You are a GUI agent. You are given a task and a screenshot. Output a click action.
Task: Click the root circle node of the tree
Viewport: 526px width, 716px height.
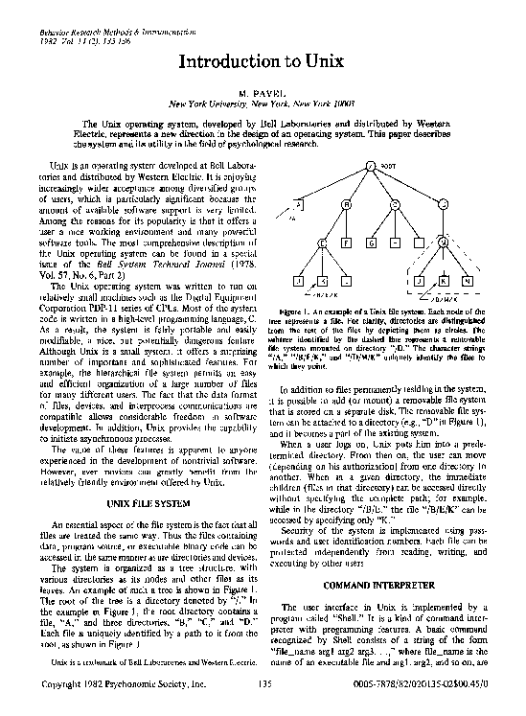point(370,169)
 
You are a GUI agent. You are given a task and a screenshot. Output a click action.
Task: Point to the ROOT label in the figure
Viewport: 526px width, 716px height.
point(388,166)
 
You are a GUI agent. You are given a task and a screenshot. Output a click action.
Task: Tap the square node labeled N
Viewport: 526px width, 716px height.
point(466,283)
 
